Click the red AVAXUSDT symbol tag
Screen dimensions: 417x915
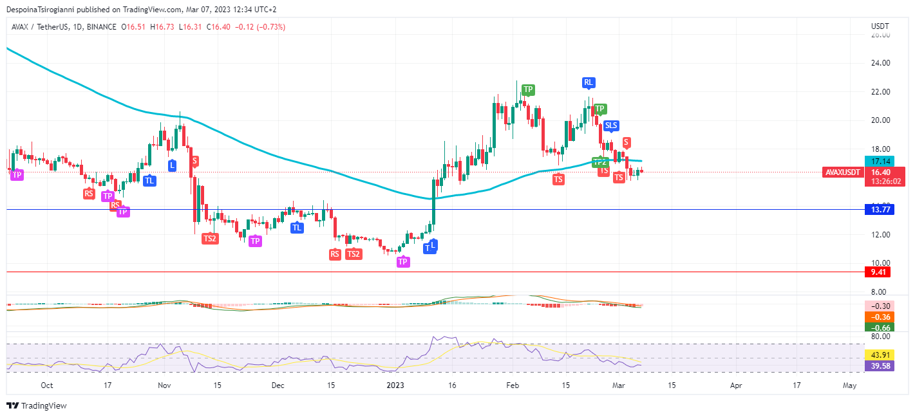pyautogui.click(x=843, y=172)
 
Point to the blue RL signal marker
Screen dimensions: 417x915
pyautogui.click(x=588, y=82)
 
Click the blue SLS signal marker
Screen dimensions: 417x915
pyautogui.click(x=611, y=125)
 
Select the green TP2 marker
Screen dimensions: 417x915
pyautogui.click(x=600, y=162)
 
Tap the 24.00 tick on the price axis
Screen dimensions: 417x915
pyautogui.click(x=880, y=63)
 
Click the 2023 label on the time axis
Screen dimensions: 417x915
pyautogui.click(x=395, y=385)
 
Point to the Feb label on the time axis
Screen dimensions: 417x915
pyautogui.click(x=513, y=385)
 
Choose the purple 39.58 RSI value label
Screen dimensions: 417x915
pyautogui.click(x=880, y=366)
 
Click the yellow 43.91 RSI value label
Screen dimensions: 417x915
pyautogui.click(x=880, y=355)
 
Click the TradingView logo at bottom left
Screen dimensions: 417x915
pyautogui.click(x=37, y=406)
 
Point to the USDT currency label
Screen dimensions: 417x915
pyautogui.click(x=880, y=26)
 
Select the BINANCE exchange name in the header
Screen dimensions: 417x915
pyautogui.click(x=101, y=27)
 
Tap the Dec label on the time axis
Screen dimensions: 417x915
pyautogui.click(x=278, y=385)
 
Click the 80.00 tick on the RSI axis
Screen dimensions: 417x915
pyautogui.click(x=880, y=336)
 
